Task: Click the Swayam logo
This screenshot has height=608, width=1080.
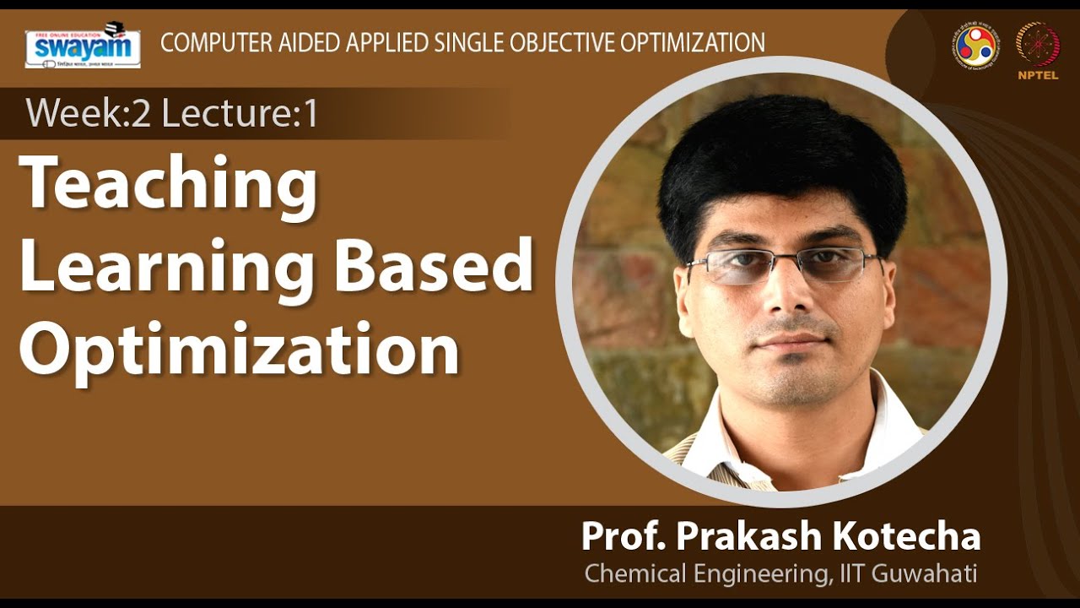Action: pos(82,47)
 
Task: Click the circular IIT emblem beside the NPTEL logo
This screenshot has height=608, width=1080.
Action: pos(973,45)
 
